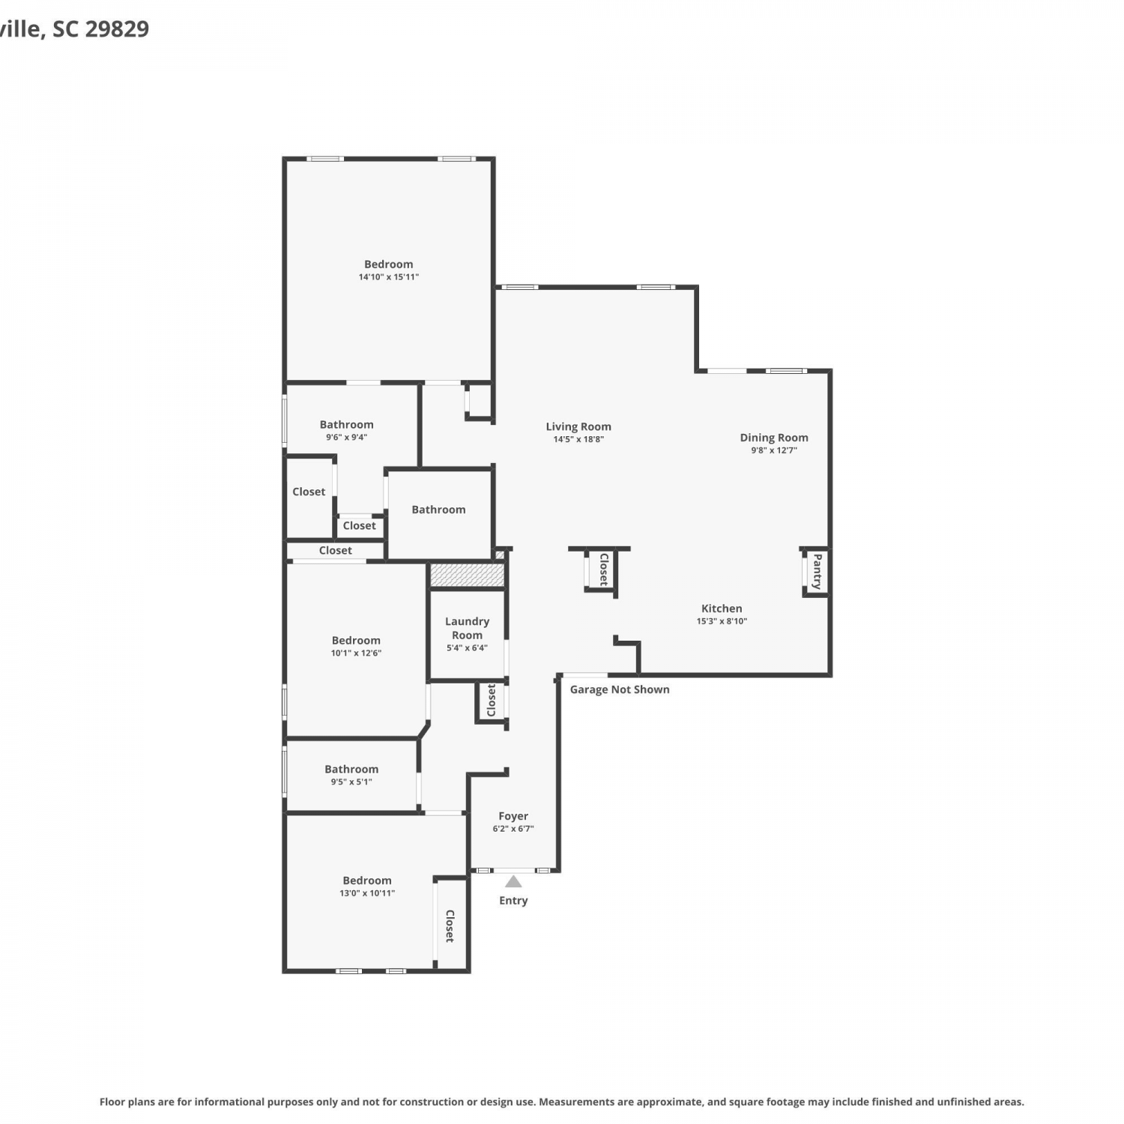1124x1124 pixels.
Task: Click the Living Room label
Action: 578,426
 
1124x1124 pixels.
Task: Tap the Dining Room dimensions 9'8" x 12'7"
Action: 774,450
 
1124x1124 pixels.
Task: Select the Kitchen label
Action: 722,608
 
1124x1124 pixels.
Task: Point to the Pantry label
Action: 818,571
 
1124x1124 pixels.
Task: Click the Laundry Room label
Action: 467,628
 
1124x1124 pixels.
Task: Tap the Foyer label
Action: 513,816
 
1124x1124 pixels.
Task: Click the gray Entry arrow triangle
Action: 513,881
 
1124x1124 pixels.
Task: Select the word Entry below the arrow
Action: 513,901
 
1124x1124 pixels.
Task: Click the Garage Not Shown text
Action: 620,689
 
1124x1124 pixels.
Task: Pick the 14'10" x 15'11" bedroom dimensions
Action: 389,277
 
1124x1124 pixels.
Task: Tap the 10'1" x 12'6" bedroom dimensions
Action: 357,653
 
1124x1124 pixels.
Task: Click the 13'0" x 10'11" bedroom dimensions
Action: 367,893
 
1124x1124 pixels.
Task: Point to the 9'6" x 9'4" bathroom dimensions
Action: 346,437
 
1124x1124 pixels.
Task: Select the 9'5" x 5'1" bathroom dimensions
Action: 351,782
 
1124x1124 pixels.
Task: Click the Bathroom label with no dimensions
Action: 438,510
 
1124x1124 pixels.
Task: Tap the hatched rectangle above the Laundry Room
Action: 466,575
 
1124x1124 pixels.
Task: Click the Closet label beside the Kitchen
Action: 603,569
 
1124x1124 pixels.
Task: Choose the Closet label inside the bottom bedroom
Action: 450,926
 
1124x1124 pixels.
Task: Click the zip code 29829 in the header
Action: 117,28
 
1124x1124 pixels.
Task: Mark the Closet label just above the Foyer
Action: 492,700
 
